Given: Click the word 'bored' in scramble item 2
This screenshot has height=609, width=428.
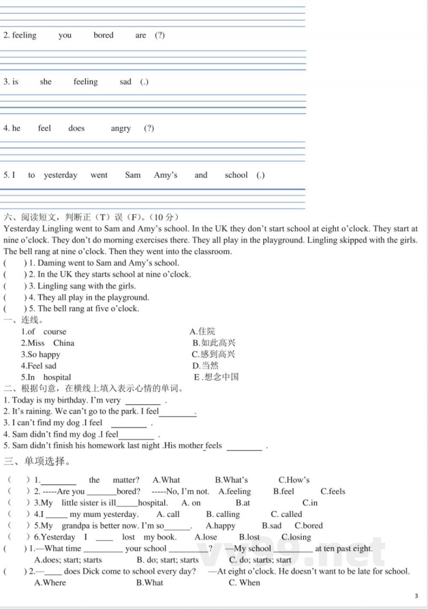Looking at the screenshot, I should pos(103,35).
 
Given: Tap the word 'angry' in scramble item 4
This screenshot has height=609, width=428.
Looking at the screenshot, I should pos(121,129).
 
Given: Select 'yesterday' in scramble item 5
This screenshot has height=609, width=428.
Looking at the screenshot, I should pos(60,175).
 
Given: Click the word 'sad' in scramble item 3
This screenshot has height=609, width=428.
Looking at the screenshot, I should pos(126,82).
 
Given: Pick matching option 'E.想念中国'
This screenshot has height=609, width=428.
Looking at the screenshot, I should pos(216,377).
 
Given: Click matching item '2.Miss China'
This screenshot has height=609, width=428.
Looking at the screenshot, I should pos(48,343).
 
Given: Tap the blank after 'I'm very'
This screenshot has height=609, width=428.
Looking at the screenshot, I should pos(143,401).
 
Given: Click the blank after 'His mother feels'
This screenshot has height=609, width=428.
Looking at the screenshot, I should pos(244,447).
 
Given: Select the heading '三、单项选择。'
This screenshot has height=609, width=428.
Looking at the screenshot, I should pos(37,461).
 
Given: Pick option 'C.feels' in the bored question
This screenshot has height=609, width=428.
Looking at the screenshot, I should pos(333,491).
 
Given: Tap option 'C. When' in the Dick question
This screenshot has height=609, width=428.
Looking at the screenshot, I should pos(244,583).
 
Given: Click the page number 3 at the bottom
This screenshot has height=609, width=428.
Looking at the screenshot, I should pos(416,596).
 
